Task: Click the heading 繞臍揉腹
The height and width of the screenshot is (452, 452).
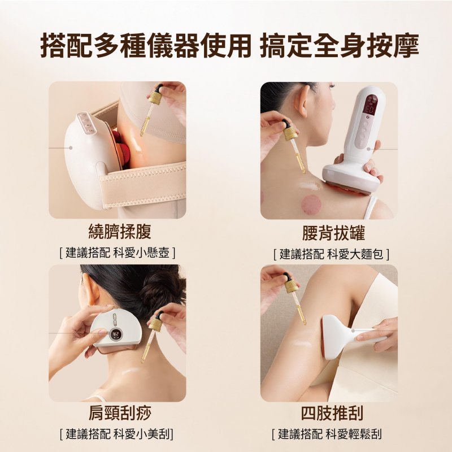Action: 120,232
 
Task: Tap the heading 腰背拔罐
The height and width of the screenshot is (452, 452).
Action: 333,233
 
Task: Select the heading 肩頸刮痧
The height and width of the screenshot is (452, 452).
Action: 120,413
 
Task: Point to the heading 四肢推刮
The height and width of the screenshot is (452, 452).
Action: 332,413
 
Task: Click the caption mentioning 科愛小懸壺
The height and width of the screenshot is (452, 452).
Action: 118,253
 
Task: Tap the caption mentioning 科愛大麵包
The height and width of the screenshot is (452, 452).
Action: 332,254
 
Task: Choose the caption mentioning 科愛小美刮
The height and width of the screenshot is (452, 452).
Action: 117,434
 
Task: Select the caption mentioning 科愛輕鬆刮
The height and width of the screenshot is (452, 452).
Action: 327,434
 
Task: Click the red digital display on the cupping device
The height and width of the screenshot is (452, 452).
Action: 370,105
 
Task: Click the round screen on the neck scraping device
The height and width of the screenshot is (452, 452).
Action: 116,334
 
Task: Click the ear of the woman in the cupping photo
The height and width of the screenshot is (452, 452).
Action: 302,101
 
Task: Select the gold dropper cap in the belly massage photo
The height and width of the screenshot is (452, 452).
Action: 155,97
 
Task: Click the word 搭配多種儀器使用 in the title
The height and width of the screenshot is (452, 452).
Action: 146,46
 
